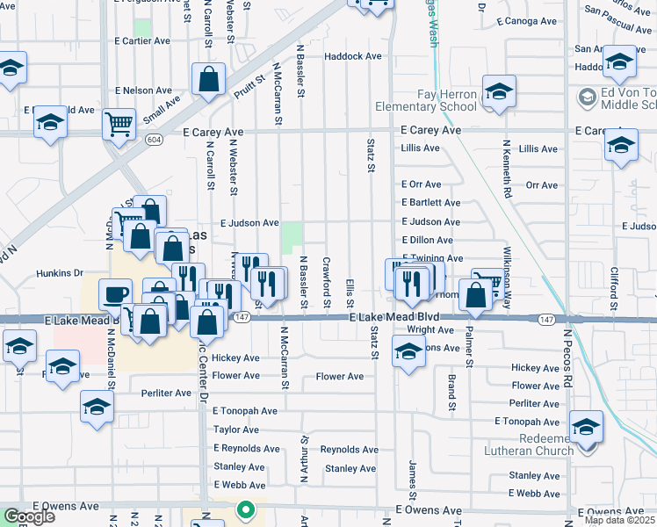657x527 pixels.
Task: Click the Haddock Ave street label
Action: (352, 56)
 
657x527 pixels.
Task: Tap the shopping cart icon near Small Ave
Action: (119, 123)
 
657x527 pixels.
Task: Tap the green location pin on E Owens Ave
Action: (247, 509)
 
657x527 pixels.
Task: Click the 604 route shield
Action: (155, 140)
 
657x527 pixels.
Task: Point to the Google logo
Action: (28, 516)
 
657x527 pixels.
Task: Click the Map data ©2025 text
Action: (620, 520)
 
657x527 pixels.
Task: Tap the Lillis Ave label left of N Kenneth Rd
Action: (420, 148)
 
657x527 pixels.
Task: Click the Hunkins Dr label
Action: (60, 273)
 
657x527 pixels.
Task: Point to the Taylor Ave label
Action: (235, 430)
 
